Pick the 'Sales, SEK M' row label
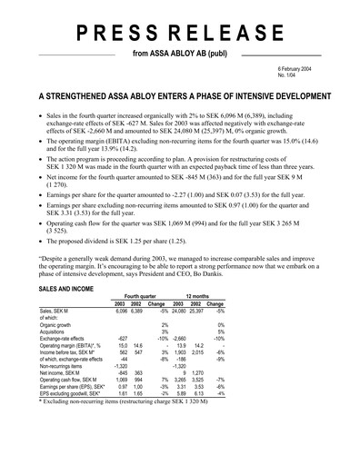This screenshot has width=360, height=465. (57, 312)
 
